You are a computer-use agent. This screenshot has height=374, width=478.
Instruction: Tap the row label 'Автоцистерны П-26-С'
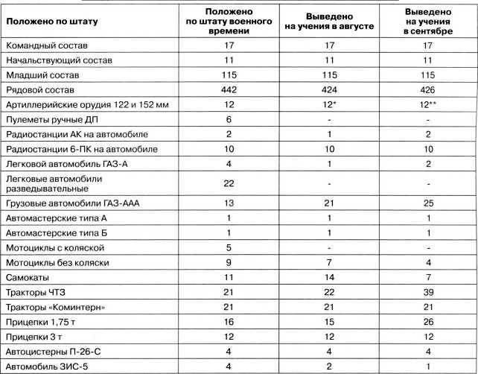tap(54, 349)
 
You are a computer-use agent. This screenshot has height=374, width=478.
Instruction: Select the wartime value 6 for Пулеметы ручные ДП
tap(224, 120)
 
